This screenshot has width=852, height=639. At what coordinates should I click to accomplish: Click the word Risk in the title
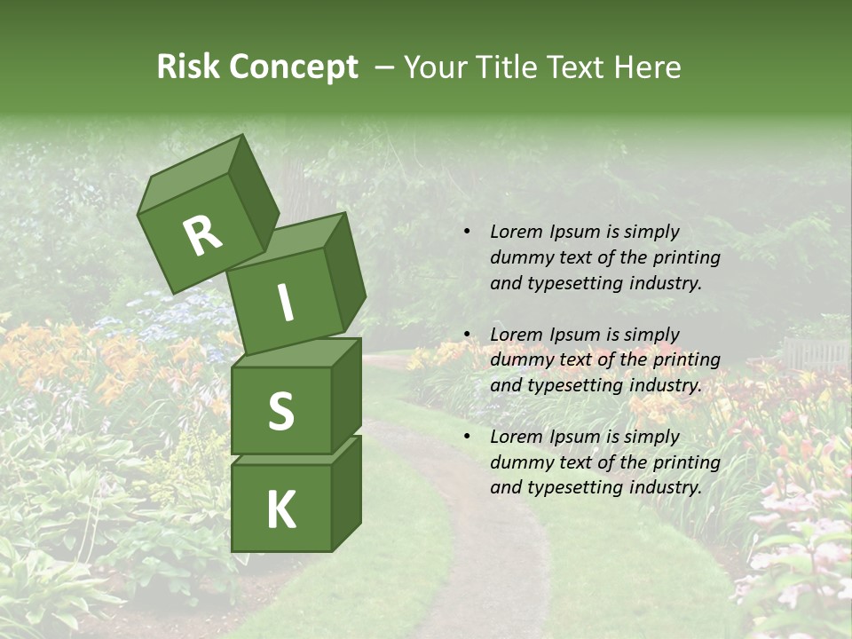[x=187, y=67]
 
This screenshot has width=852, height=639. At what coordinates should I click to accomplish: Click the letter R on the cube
[x=202, y=235]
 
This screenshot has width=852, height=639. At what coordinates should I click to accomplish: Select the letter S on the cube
[x=281, y=412]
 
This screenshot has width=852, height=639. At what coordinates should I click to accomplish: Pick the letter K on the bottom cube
[x=280, y=510]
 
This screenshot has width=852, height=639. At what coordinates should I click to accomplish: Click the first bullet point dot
[x=467, y=232]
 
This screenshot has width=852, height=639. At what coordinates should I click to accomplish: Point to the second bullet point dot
[x=467, y=335]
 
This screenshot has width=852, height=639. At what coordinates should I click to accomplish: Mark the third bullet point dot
[x=467, y=437]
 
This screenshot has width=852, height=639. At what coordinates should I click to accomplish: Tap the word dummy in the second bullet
[x=522, y=360]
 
